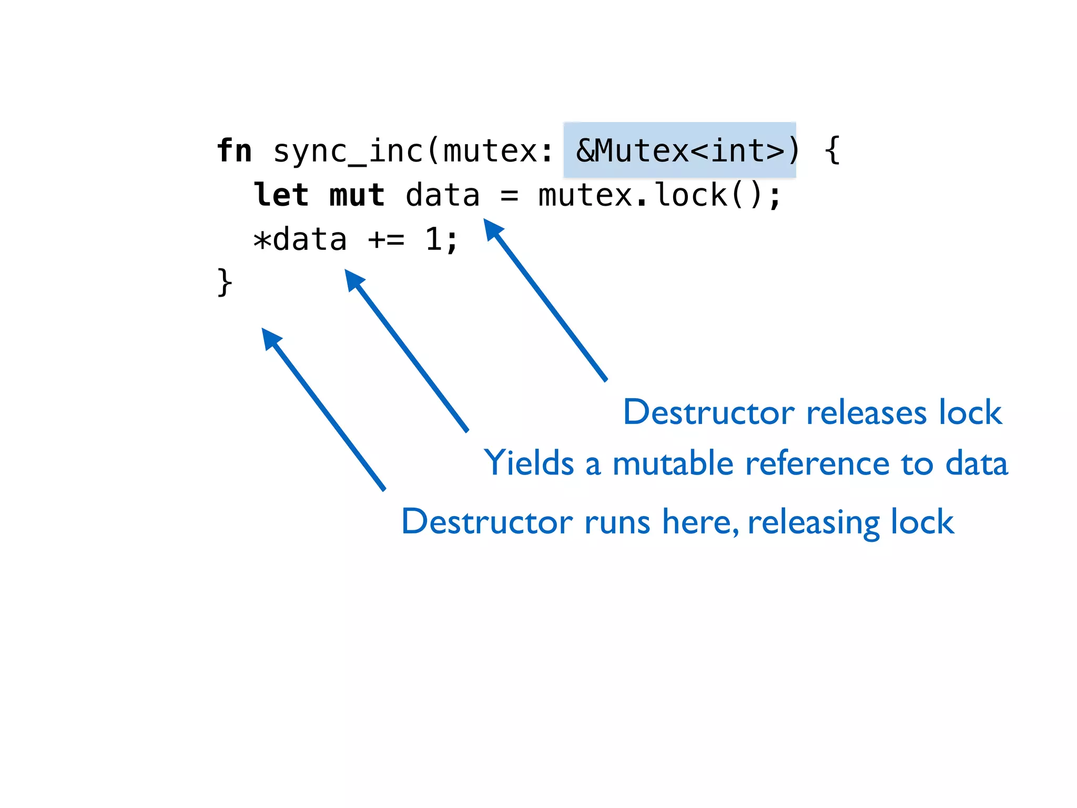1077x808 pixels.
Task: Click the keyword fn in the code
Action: (235, 151)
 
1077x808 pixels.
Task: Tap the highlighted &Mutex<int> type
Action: (679, 150)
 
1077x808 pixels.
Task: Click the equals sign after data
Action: (509, 196)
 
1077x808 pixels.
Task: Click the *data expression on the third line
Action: (300, 240)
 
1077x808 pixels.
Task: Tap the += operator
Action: (386, 240)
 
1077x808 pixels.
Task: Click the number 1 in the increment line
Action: (433, 240)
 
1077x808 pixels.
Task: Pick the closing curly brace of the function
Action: (225, 282)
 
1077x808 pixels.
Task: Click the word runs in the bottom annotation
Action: (617, 522)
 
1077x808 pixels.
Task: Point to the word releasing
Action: (813, 523)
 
